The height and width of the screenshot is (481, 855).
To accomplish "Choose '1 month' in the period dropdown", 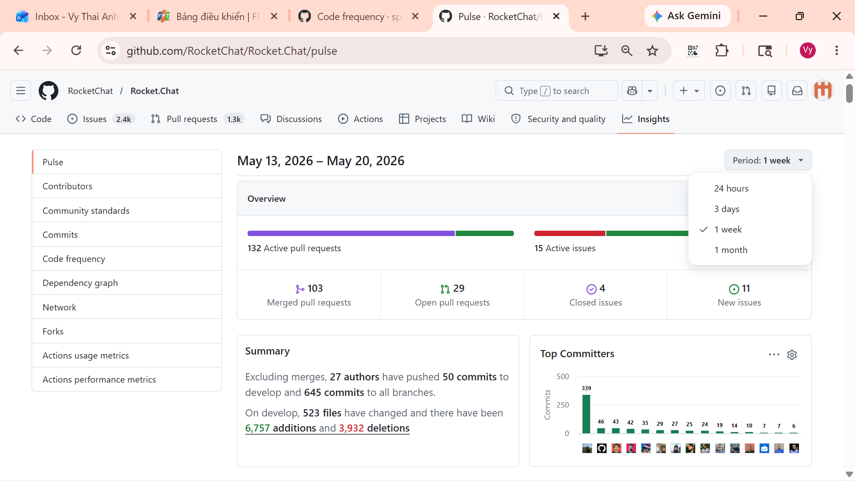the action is [x=731, y=250].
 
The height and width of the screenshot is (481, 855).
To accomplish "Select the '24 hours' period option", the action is [x=731, y=188].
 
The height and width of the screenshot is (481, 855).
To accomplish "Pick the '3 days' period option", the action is [x=727, y=209].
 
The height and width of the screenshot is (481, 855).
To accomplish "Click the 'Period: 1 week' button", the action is [x=768, y=160].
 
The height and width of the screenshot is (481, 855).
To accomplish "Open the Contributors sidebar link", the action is [x=67, y=186].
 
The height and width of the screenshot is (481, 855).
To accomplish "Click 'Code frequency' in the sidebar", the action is [x=74, y=259].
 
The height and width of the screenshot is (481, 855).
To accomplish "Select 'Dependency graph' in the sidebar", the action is [x=80, y=283].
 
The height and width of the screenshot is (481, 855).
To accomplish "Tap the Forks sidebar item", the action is [x=53, y=331].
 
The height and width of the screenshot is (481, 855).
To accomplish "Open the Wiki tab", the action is [x=479, y=119].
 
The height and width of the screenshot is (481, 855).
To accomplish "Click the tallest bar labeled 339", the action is [x=586, y=414].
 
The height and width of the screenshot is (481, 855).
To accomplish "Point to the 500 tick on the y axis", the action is [x=562, y=376].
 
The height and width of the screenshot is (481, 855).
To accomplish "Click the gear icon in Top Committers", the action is [x=792, y=355].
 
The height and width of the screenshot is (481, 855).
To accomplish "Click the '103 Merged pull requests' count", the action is [x=309, y=295].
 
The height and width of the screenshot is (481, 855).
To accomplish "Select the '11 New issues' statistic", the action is [x=739, y=295].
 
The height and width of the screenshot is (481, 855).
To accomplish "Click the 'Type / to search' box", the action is [x=557, y=91].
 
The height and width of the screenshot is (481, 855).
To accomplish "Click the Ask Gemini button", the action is [x=687, y=16].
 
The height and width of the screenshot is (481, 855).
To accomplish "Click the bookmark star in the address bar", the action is [x=652, y=51].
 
